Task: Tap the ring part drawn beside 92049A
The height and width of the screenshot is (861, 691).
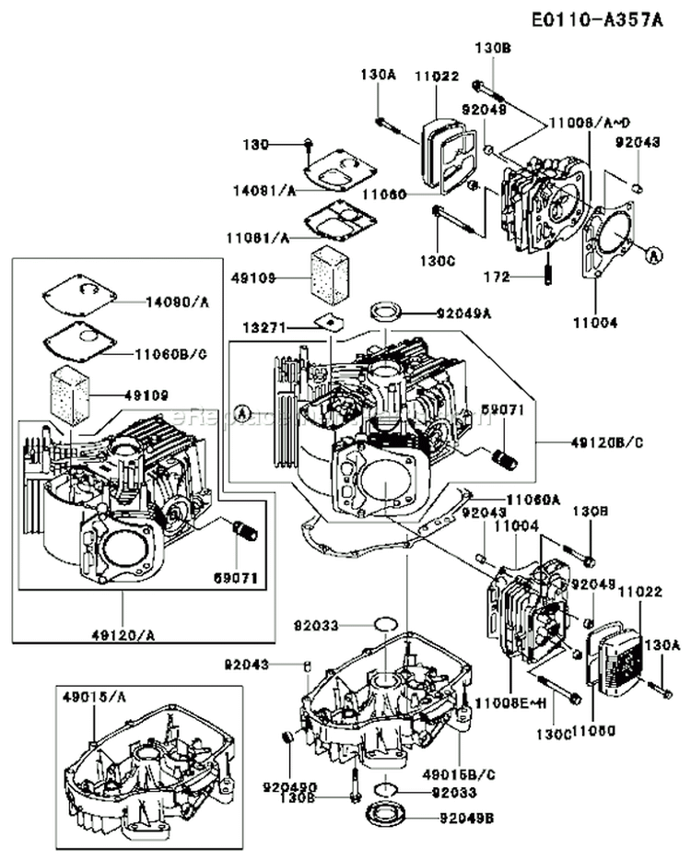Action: click(385, 308)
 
